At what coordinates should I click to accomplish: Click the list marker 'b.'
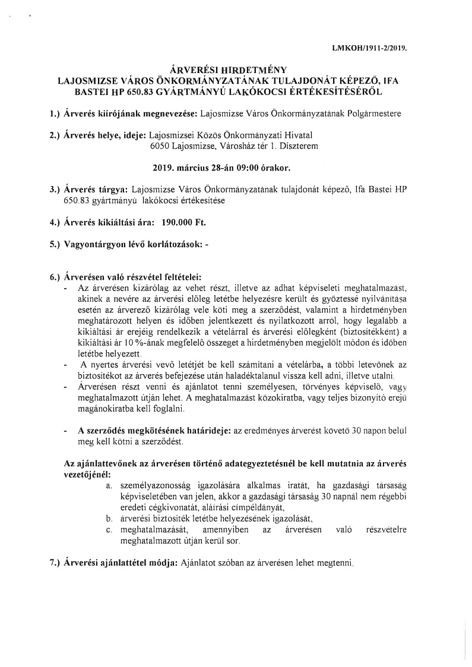coord(109,518)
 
